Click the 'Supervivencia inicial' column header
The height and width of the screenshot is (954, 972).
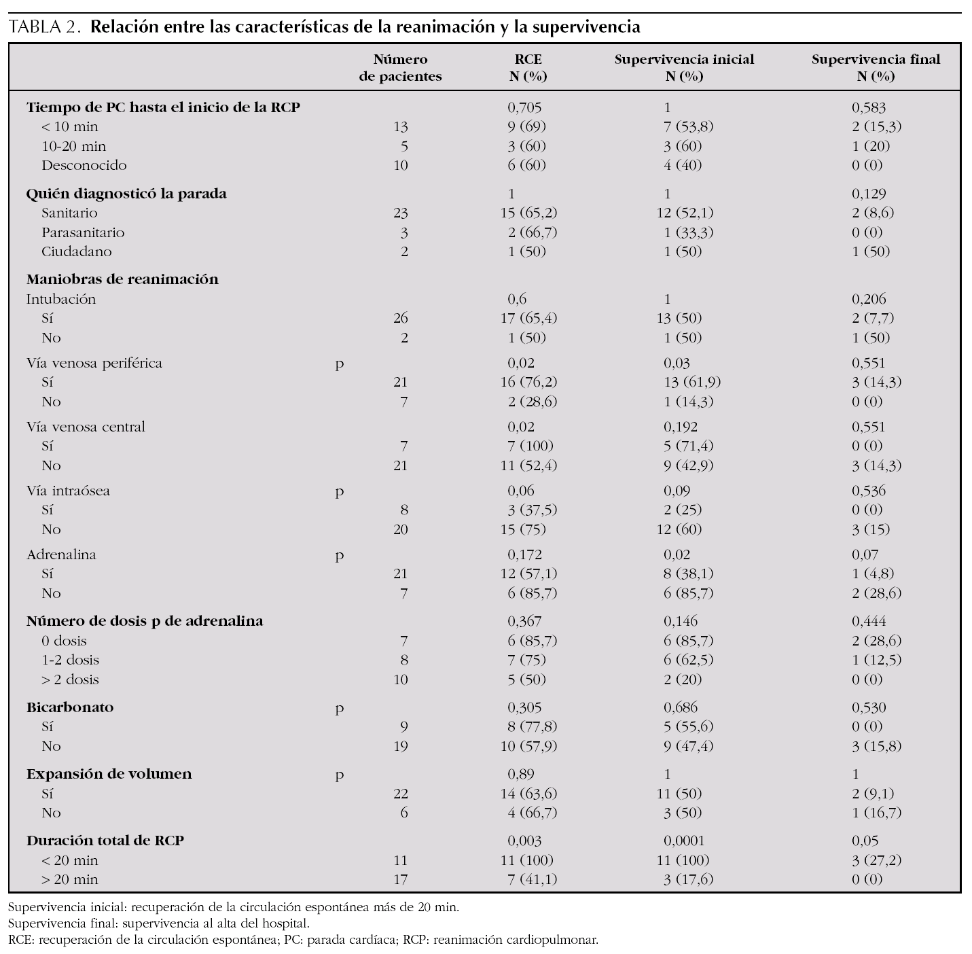pyautogui.click(x=684, y=67)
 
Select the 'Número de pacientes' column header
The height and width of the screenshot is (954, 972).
pyautogui.click(x=400, y=67)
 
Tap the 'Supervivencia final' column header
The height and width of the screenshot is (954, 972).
pyautogui.click(x=876, y=67)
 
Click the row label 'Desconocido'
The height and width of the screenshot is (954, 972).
pyautogui.click(x=84, y=165)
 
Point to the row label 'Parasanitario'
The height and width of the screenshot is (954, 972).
pyautogui.click(x=83, y=232)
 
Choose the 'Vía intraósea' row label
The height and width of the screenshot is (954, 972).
pyautogui.click(x=68, y=491)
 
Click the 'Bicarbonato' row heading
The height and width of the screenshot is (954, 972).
pyautogui.click(x=70, y=707)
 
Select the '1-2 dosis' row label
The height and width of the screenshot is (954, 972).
pyautogui.click(x=70, y=660)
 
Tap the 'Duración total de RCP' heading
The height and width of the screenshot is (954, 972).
pyautogui.click(x=105, y=841)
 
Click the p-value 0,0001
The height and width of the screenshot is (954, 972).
pyautogui.click(x=685, y=841)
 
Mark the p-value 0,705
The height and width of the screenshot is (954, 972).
pyautogui.click(x=524, y=107)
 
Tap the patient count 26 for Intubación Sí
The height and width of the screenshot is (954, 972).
pyautogui.click(x=401, y=318)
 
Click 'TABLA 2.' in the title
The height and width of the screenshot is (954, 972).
pyautogui.click(x=46, y=28)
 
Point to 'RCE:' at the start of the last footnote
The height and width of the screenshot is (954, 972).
pyautogui.click(x=22, y=940)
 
